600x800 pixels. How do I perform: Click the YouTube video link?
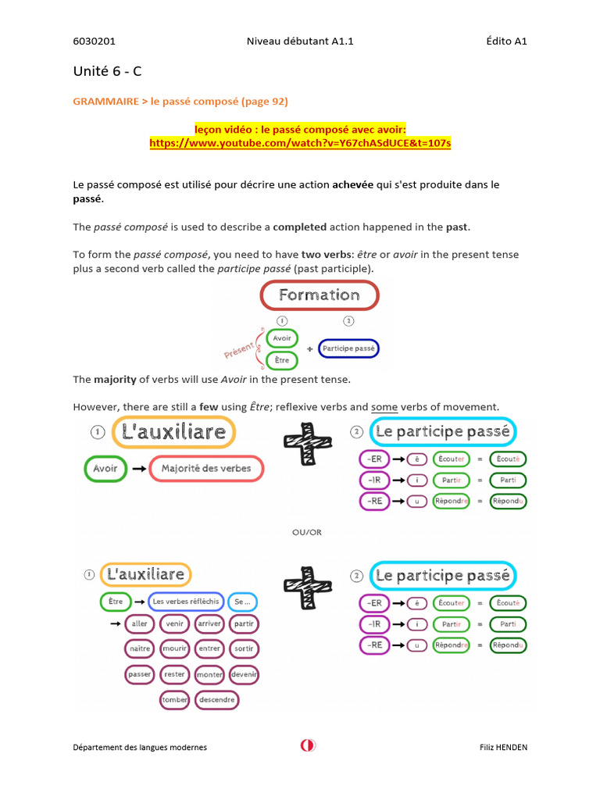[300, 144]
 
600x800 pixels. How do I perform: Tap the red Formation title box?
[319, 295]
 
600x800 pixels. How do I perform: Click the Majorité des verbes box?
[206, 469]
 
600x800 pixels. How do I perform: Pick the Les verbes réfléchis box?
[186, 602]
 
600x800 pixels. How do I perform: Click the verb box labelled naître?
[140, 648]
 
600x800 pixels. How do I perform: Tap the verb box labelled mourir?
[174, 648]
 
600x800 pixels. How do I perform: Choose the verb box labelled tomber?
[175, 700]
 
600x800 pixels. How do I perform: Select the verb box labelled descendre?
[217, 700]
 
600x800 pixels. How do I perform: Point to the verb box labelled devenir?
[245, 673]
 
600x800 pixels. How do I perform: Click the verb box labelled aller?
[140, 623]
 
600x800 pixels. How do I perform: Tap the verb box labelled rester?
[174, 673]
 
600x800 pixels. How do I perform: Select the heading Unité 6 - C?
[108, 71]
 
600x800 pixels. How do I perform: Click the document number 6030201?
[94, 41]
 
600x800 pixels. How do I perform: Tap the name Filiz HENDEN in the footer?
[503, 747]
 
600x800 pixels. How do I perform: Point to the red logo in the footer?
[308, 745]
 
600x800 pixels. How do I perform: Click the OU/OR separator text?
[306, 532]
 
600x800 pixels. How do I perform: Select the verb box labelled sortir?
[245, 648]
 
